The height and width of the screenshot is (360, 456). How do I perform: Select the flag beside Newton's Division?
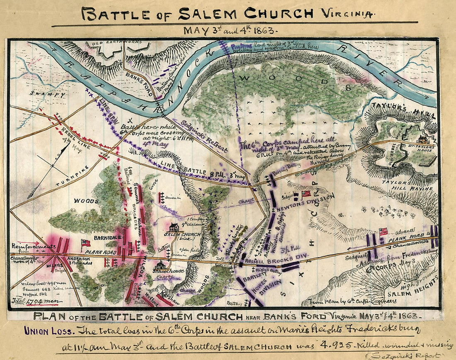click(306, 193)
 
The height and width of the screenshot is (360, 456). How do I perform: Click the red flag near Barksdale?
click(86, 242)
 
